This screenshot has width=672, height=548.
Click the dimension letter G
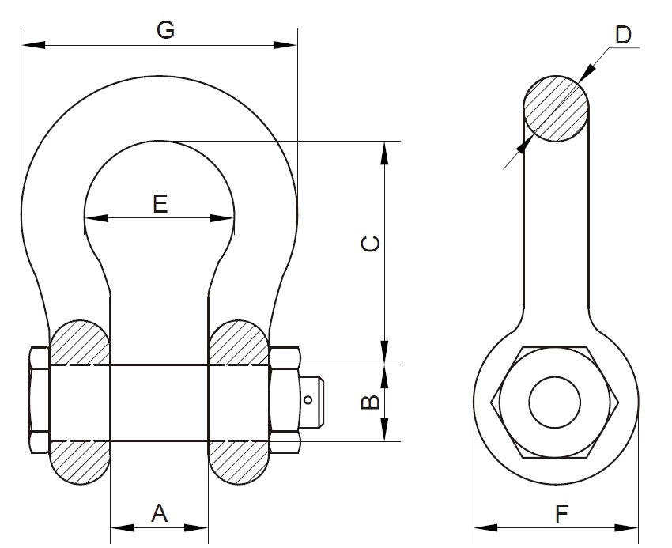[165, 31]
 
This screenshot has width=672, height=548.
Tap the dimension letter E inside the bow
[160, 204]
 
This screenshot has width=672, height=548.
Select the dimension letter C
[369, 244]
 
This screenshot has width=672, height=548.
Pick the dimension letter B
[369, 402]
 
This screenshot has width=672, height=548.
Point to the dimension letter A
[159, 514]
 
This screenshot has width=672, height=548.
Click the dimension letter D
[623, 35]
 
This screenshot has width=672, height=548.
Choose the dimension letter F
[561, 515]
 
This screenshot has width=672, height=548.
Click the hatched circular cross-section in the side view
[557, 108]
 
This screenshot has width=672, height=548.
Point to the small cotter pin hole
[309, 400]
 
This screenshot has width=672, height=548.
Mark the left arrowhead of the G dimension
[28, 45]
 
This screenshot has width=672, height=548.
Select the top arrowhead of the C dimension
[385, 151]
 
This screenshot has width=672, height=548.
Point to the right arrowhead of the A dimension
[201, 527]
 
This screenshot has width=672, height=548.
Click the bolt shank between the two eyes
[159, 402]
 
